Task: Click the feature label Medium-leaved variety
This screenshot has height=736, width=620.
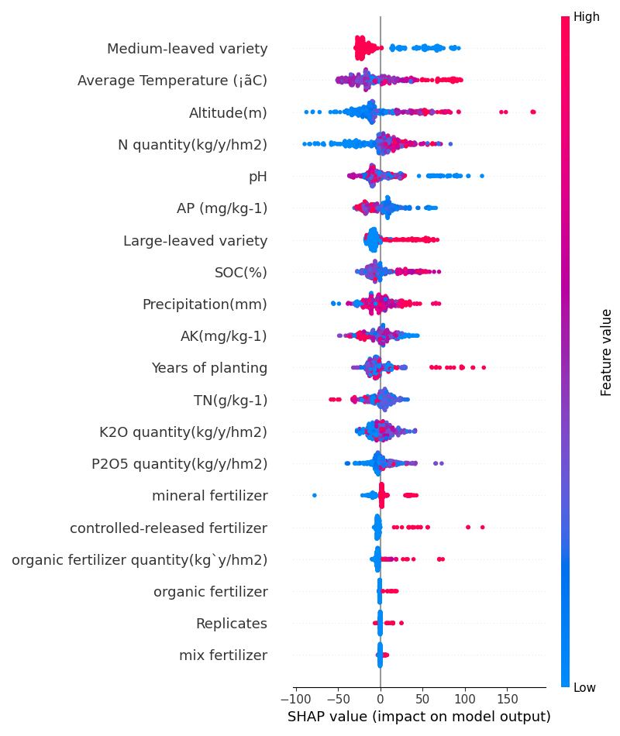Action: [187, 49]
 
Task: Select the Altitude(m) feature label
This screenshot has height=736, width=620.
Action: [228, 113]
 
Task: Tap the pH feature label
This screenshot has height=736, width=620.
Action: [257, 177]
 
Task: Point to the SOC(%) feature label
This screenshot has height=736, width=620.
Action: [240, 272]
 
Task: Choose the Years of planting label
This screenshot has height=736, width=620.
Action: [209, 368]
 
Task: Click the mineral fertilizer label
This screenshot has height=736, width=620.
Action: [209, 496]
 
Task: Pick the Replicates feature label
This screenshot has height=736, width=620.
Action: [231, 624]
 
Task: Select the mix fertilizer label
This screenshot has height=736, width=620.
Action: [223, 655]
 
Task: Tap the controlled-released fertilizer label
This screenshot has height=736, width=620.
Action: [168, 528]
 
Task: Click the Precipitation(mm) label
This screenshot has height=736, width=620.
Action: [205, 304]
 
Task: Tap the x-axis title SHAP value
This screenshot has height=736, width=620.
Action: [418, 717]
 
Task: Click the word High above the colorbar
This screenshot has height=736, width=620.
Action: [587, 16]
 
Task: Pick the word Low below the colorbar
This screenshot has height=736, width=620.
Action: [585, 687]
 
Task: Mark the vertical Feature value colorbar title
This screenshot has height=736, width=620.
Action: [607, 352]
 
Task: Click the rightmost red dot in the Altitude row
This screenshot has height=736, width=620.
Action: [533, 112]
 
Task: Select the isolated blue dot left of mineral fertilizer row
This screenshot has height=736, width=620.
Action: [314, 495]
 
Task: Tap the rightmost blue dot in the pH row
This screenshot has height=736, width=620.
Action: [482, 176]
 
